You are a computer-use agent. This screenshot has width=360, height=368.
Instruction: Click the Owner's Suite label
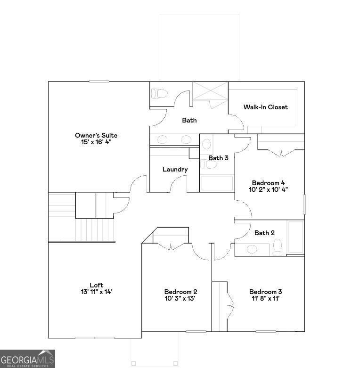(96, 135)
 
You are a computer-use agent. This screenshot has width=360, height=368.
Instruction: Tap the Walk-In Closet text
(265, 107)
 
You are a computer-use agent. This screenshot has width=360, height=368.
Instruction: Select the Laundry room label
(175, 169)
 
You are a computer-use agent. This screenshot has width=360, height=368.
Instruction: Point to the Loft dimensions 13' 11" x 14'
(96, 292)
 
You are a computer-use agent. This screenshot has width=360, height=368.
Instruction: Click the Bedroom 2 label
(180, 292)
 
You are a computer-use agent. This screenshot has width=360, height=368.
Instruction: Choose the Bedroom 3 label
(265, 292)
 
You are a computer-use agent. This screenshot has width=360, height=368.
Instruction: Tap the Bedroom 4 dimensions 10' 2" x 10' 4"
(268, 189)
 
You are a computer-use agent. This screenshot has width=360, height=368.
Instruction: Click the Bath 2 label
(264, 233)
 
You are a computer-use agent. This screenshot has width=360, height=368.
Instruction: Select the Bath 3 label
(218, 158)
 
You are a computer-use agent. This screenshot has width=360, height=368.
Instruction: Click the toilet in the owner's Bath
(159, 93)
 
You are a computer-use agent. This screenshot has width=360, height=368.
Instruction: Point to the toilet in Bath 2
(277, 246)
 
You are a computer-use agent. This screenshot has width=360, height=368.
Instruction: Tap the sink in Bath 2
(252, 249)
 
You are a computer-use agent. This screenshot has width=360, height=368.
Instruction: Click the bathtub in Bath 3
(217, 183)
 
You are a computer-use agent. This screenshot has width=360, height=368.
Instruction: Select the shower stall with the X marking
(210, 91)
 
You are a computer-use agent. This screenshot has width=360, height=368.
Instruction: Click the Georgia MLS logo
(27, 359)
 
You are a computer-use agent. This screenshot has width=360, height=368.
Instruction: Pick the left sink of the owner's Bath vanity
(162, 139)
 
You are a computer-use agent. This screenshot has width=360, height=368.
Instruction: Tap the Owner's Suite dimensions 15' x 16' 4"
(96, 141)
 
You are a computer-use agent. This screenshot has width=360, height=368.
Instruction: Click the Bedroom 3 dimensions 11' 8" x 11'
(265, 298)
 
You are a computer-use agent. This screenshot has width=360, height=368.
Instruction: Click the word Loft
(96, 285)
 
